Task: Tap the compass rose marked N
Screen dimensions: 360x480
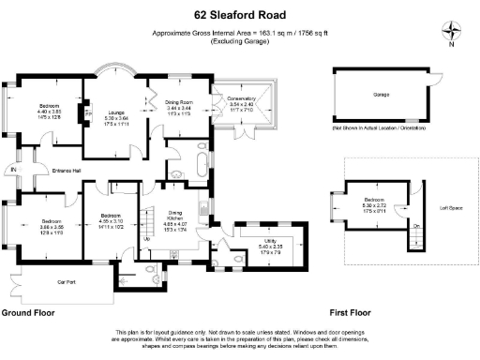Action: click(x=452, y=30)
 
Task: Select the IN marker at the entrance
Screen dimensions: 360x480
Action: click(x=12, y=169)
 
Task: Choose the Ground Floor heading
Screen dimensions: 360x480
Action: click(x=27, y=311)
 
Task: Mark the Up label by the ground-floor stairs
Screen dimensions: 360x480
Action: click(x=146, y=238)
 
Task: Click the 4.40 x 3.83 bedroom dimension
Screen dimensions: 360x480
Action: click(x=49, y=112)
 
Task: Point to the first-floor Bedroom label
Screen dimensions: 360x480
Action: click(x=373, y=201)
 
